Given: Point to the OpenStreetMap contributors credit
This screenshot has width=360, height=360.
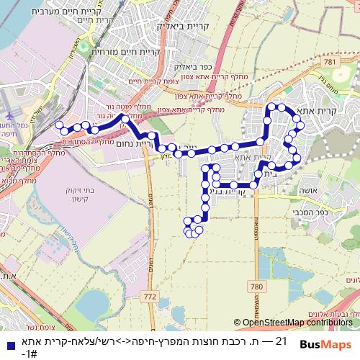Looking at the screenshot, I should tap(297, 302).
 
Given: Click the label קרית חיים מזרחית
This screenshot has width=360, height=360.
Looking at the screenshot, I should tap(122, 53).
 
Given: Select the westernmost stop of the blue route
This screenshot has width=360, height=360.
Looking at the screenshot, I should tap(59, 125).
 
